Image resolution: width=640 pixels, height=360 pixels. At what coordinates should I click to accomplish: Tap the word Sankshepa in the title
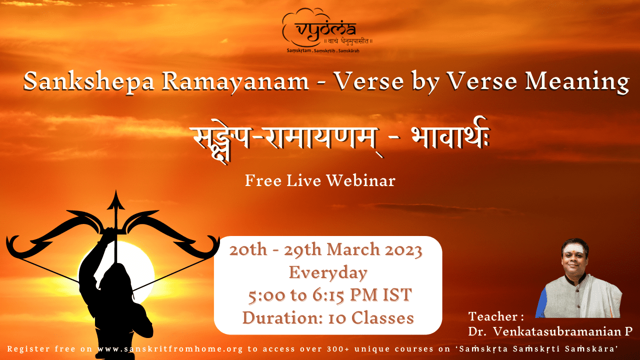coord(88,81)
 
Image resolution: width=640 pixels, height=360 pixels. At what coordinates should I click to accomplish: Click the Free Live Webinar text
coord(320,180)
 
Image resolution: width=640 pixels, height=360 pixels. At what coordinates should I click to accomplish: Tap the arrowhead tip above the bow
coord(115,191)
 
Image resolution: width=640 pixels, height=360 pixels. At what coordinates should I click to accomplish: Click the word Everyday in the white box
coord(328,273)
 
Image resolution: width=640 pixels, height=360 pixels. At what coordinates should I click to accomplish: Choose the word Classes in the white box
coord(382,317)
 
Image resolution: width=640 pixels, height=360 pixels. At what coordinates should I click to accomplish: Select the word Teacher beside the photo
coord(493,316)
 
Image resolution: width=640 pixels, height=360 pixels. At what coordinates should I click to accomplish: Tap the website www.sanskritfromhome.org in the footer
coord(170,349)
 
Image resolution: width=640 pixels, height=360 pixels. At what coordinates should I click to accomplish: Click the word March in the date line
coord(353,249)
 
